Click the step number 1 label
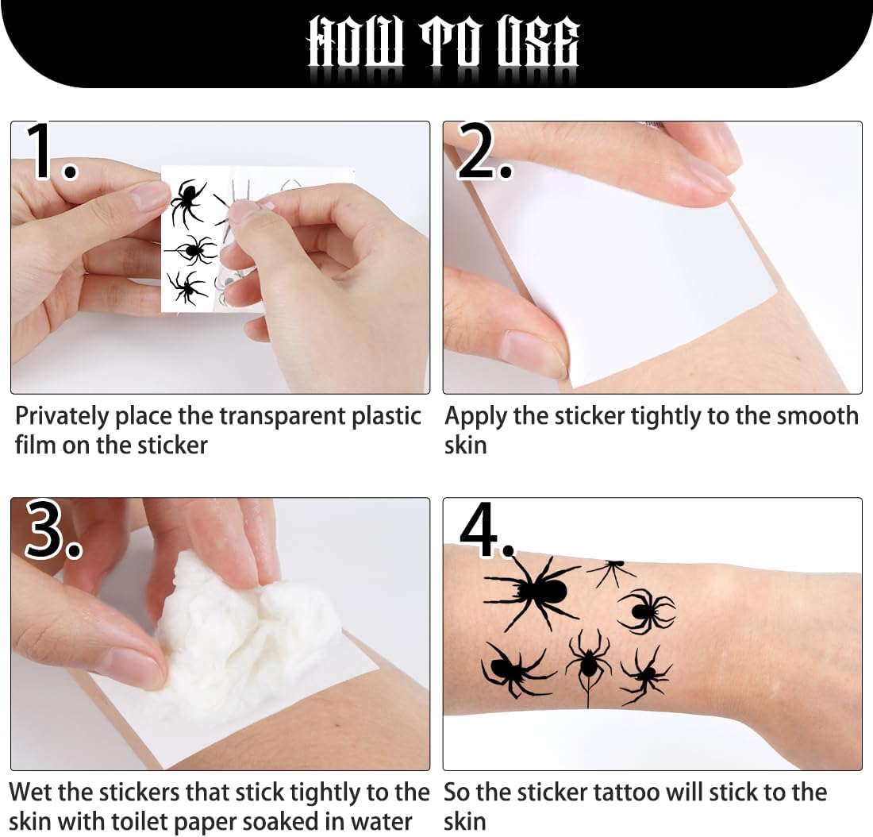(52, 151)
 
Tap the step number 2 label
(484, 151)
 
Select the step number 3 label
(53, 529)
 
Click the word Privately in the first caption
(62, 417)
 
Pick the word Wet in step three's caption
(29, 792)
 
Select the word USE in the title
(538, 43)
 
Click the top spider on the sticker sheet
(188, 202)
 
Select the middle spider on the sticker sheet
(191, 249)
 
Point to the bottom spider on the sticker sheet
(187, 287)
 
